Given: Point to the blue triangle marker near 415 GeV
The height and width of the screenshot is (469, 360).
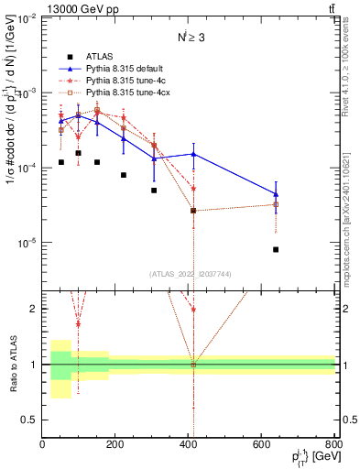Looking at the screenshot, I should point(193,154).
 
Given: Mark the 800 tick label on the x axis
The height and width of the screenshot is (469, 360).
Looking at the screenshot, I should point(334,445).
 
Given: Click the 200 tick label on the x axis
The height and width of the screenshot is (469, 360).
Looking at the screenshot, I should point(115,445).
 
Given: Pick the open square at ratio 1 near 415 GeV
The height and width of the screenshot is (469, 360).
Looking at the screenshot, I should point(193,365).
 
